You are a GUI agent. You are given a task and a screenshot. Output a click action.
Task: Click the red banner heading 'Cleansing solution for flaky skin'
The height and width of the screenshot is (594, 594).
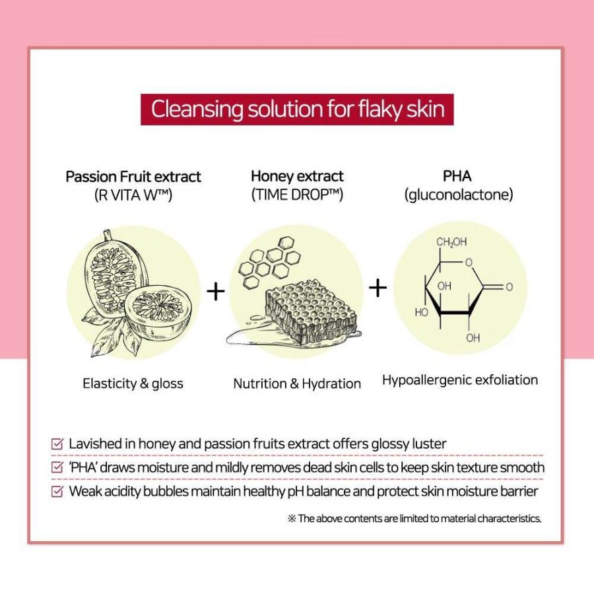[x=297, y=110]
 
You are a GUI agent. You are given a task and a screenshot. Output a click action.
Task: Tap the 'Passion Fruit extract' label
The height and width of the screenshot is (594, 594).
[x=133, y=177]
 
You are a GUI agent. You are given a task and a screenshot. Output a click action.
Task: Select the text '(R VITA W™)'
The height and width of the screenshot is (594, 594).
[x=133, y=195]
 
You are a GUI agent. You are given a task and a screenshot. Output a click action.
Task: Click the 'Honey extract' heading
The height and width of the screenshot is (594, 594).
[x=297, y=176]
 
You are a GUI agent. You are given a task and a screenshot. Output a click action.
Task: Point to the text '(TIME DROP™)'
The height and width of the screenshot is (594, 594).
[x=297, y=195]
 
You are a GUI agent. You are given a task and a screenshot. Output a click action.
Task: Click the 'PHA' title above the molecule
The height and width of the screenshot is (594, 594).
[x=457, y=176]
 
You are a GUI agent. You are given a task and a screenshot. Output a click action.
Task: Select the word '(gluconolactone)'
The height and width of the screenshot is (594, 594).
[x=459, y=195]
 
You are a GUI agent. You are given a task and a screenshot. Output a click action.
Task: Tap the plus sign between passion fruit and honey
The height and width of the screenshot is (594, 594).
[x=216, y=291]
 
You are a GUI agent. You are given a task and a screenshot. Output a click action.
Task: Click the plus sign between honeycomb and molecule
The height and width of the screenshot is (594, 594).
[x=378, y=288]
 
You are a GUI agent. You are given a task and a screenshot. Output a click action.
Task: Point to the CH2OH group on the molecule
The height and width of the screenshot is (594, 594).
[x=451, y=242]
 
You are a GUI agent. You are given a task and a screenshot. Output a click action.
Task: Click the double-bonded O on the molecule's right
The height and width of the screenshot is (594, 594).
[x=509, y=287]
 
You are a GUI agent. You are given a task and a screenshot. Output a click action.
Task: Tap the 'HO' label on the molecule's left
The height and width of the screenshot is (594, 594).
[x=421, y=313]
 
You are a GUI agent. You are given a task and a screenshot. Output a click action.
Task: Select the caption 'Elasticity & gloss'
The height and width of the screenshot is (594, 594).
[x=133, y=383]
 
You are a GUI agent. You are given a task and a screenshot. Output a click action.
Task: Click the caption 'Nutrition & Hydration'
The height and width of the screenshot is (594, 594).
[x=297, y=383]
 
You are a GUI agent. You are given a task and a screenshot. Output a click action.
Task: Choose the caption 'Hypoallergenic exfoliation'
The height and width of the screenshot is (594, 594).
[x=460, y=380]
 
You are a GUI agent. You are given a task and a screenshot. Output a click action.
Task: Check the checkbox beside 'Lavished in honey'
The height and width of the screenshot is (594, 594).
[x=57, y=444]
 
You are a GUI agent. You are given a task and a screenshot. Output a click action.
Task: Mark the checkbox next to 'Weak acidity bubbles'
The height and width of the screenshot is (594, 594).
[x=57, y=492]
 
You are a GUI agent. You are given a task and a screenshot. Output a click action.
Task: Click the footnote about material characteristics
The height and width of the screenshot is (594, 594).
[x=414, y=519]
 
